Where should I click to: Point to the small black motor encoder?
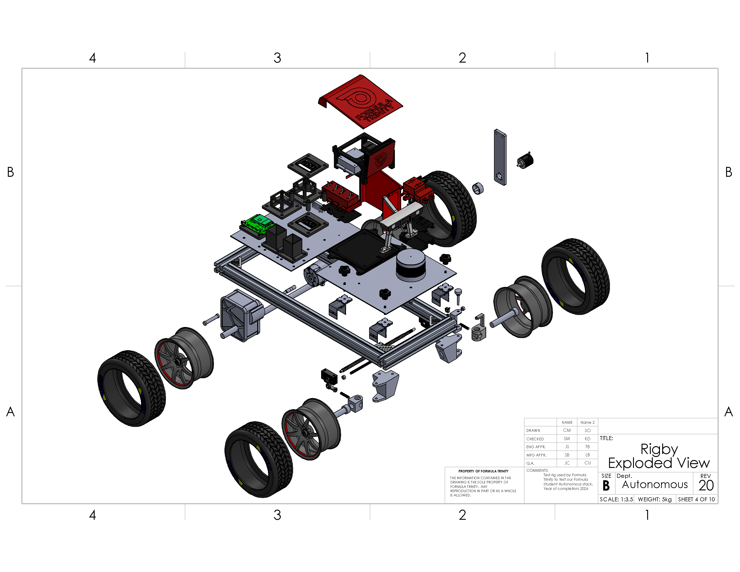point(525,160)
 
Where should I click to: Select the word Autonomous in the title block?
point(655,485)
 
